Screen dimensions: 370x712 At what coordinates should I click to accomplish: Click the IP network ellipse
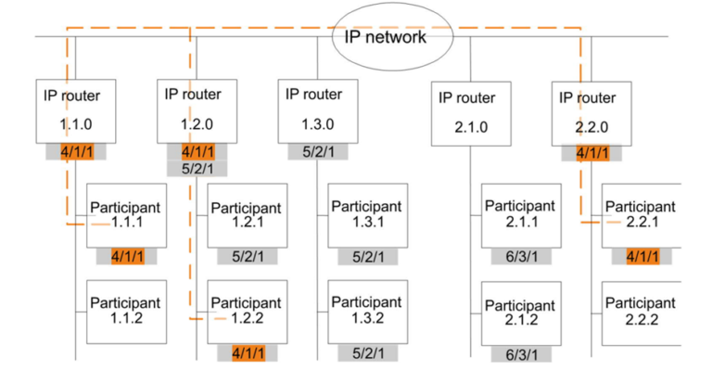click(x=385, y=37)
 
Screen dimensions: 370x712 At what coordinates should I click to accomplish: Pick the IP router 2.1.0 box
click(x=469, y=114)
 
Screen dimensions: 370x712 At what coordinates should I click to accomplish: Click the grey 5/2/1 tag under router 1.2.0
click(x=197, y=169)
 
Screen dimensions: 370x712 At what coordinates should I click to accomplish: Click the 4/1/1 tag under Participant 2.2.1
click(x=642, y=257)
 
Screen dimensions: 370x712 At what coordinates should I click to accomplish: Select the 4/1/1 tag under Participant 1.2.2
click(x=248, y=352)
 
